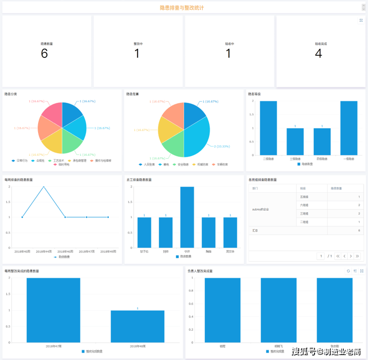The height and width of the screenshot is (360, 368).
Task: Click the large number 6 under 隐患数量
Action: click(x=44, y=53)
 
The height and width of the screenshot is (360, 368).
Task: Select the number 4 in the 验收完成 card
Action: click(x=319, y=53)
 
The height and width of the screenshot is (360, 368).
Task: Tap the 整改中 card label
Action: click(x=138, y=44)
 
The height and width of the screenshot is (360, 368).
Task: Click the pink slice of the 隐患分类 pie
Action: click(x=51, y=113)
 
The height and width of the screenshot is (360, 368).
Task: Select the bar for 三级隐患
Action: click(x=295, y=141)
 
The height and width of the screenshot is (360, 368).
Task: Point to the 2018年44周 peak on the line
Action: click(x=44, y=186)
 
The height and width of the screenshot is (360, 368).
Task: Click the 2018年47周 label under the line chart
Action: click(x=87, y=252)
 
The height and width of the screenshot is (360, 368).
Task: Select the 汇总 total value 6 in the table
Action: click(x=359, y=230)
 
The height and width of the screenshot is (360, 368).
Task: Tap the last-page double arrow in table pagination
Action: click(x=358, y=256)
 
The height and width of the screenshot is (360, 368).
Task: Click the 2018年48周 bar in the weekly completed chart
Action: click(x=138, y=326)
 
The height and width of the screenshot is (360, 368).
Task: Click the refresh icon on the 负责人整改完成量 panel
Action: click(x=348, y=271)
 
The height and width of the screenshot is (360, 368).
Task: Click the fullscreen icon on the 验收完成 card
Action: click(x=361, y=20)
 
